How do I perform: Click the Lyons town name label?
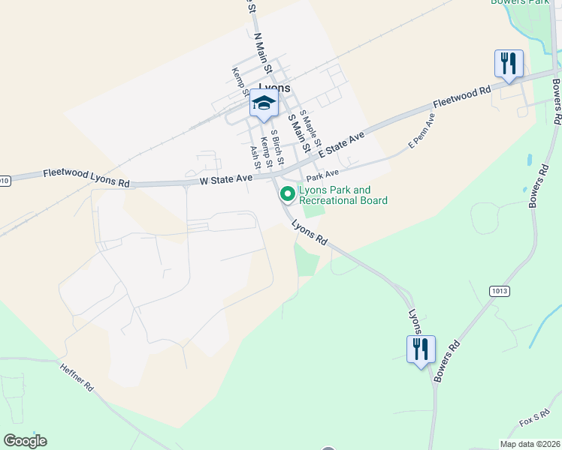coord(273,87)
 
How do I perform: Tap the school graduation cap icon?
coord(264,104)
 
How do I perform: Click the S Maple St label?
coord(310,128)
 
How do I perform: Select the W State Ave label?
coord(225,180)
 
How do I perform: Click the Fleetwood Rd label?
coord(461,97)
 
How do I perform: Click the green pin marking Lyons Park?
coord(287,194)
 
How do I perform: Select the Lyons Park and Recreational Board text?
coord(343,195)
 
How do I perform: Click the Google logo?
coord(25,441)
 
